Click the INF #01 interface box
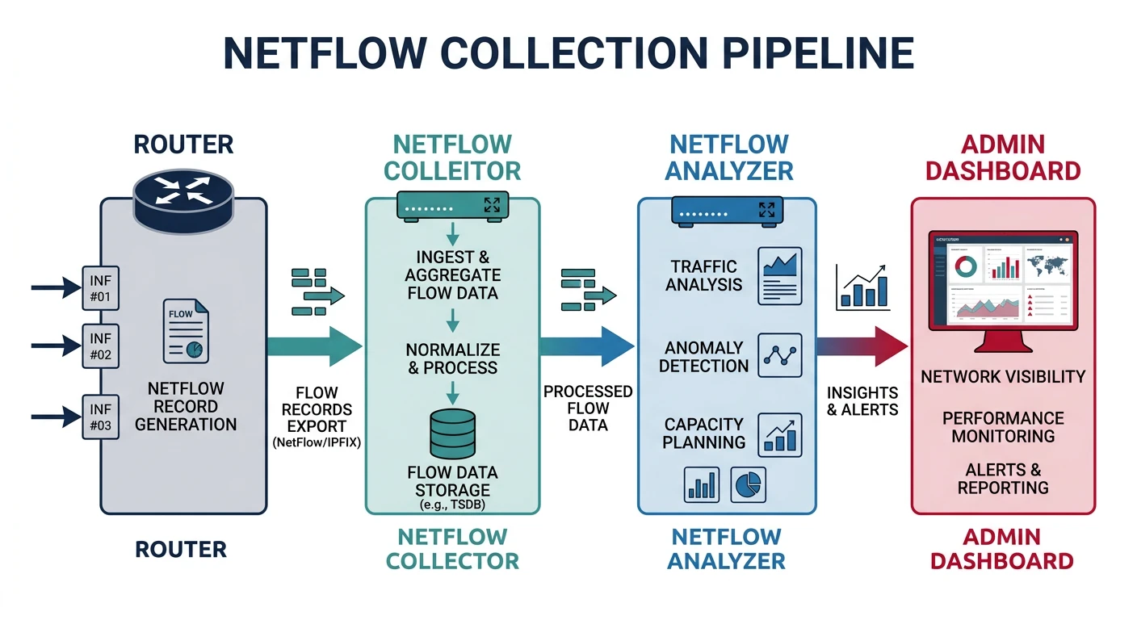pyautogui.click(x=101, y=287)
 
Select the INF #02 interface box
pyautogui.click(x=101, y=346)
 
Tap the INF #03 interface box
pyautogui.click(x=101, y=417)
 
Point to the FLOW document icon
pyautogui.click(x=185, y=330)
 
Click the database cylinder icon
pyautogui.click(x=452, y=434)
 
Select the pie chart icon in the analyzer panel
pyautogui.click(x=748, y=484)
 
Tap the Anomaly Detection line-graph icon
pyautogui.click(x=779, y=355)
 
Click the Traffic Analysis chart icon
pyautogui.click(x=779, y=276)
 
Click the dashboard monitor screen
pyautogui.click(x=1002, y=279)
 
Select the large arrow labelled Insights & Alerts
pyautogui.click(x=860, y=346)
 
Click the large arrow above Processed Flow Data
pyautogui.click(x=585, y=346)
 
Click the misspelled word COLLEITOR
pyautogui.click(x=452, y=171)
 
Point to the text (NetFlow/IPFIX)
pyautogui.click(x=317, y=443)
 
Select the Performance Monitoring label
pyautogui.click(x=1003, y=427)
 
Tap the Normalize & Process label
pyautogui.click(x=452, y=358)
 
